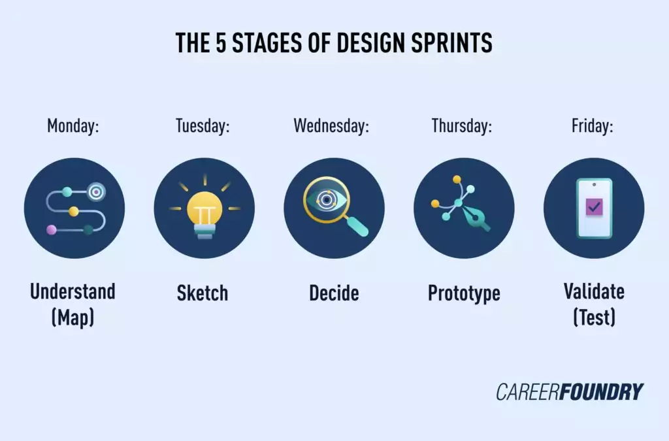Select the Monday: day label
point(73,125)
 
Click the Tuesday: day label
point(203,125)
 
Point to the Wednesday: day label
point(331,125)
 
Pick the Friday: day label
point(593,125)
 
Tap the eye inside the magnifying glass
point(325,199)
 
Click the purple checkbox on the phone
point(594,207)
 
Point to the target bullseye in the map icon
point(96,191)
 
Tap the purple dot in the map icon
point(51,229)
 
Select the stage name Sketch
point(203,293)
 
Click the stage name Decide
point(334,293)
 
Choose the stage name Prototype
point(464,293)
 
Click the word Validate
point(594,291)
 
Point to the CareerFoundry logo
point(569,392)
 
